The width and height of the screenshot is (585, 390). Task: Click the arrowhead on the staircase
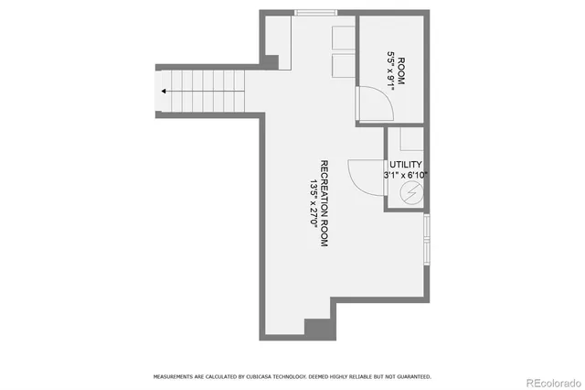(x=164, y=92)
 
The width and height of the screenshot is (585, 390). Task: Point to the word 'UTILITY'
(x=406, y=164)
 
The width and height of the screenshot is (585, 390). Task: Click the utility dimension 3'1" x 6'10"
(x=406, y=175)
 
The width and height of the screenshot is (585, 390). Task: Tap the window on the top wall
(x=314, y=13)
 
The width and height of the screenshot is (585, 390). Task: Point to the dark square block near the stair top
(x=270, y=61)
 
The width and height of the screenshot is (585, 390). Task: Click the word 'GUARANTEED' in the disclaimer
(x=412, y=376)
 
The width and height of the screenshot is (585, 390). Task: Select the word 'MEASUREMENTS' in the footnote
(x=175, y=376)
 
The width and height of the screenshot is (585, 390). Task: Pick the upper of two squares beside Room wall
(x=343, y=38)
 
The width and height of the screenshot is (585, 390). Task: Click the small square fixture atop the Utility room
(x=411, y=140)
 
